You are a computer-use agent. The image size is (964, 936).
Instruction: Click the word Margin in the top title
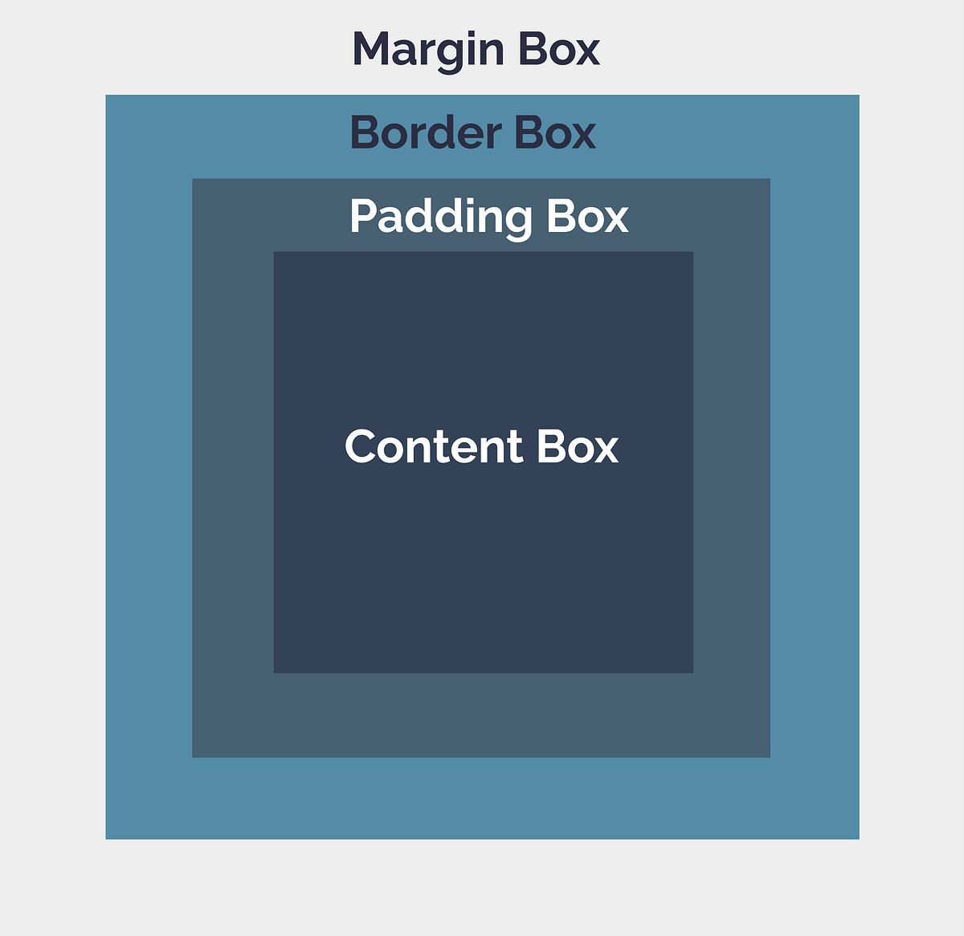point(427,50)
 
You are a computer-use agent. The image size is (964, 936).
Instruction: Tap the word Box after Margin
point(558,50)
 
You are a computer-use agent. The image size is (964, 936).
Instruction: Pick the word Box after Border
point(555,133)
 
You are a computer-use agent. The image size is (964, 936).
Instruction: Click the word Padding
point(441,218)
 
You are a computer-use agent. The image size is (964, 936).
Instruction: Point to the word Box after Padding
point(587,218)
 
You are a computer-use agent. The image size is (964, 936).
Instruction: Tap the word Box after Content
point(577,447)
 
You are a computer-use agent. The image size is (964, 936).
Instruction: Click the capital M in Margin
point(371,50)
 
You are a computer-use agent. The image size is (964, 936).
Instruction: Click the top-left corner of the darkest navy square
point(275,253)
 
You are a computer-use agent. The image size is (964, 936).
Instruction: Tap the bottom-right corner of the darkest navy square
point(692,672)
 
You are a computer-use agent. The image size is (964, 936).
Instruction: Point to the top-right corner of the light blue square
point(858,96)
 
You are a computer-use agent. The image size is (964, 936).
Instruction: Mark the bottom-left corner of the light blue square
point(107,838)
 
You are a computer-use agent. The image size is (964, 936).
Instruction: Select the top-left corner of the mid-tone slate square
point(193,180)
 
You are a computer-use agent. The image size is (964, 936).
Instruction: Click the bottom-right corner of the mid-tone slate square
point(769,756)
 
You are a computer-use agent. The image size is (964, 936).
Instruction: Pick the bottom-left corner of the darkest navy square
point(275,672)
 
